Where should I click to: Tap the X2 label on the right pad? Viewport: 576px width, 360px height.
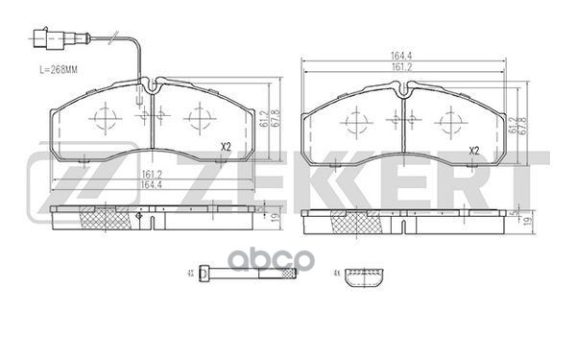[473, 152]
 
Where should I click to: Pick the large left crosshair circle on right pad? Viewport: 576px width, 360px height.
[354, 122]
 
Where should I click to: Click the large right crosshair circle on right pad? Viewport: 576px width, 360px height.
[449, 122]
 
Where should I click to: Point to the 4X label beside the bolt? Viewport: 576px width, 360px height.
[193, 274]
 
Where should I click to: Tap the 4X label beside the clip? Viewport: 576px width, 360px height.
[336, 276]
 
